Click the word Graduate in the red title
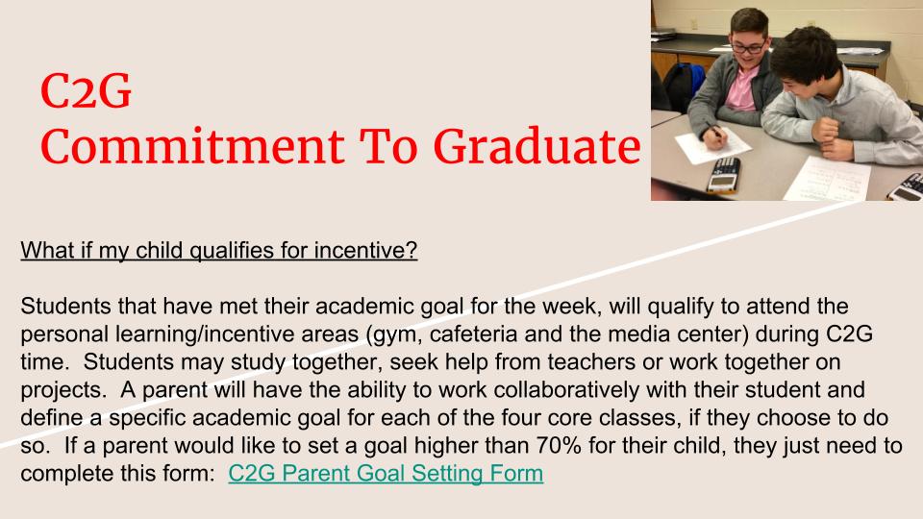[x=536, y=147]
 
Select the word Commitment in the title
[x=192, y=147]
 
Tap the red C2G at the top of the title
[x=86, y=91]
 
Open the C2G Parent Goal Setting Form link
[x=386, y=473]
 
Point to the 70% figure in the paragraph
[x=558, y=445]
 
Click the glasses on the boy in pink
[x=749, y=47]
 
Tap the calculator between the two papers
[x=723, y=175]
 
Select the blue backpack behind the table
[x=684, y=86]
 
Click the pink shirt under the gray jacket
[x=739, y=88]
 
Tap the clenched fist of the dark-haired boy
[x=825, y=130]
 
